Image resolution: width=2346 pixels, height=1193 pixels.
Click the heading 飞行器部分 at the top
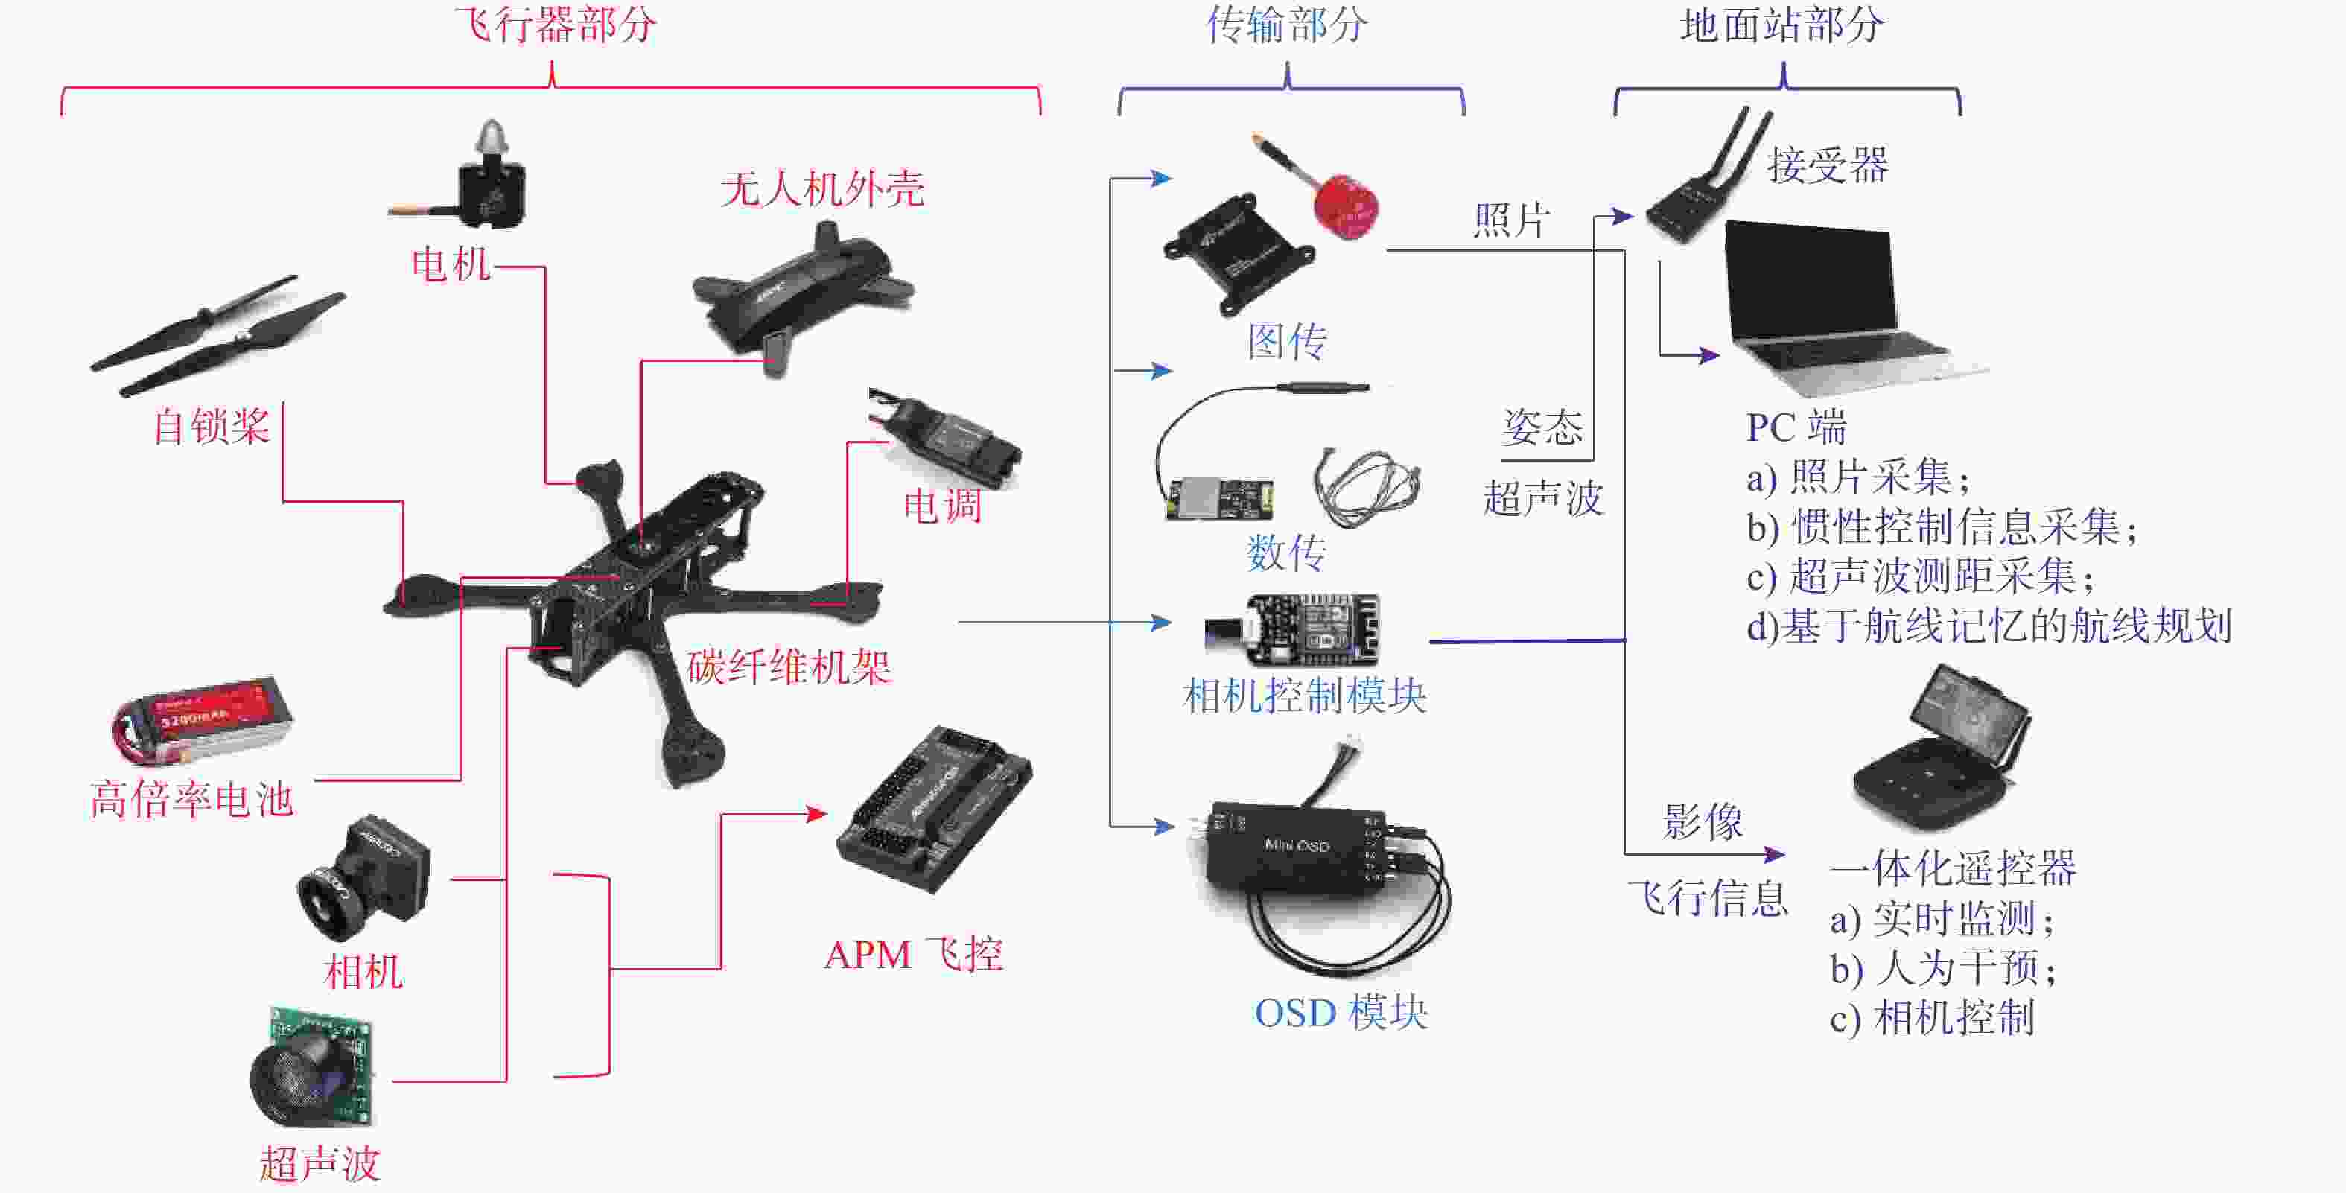pyautogui.click(x=555, y=25)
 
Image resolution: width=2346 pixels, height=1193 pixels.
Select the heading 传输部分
pyautogui.click(x=1286, y=25)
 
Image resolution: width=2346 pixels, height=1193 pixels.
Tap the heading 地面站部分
pyautogui.click(x=1781, y=25)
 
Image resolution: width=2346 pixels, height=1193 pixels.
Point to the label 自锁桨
pyautogui.click(x=212, y=426)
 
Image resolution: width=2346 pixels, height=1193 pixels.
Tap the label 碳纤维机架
pyautogui.click(x=788, y=667)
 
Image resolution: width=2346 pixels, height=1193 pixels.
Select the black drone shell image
pyautogui.click(x=801, y=291)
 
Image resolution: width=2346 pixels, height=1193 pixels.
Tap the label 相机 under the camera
pyautogui.click(x=363, y=971)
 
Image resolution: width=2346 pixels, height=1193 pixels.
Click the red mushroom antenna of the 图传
pyautogui.click(x=1345, y=205)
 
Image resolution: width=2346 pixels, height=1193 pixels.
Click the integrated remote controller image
pyautogui.click(x=1940, y=747)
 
